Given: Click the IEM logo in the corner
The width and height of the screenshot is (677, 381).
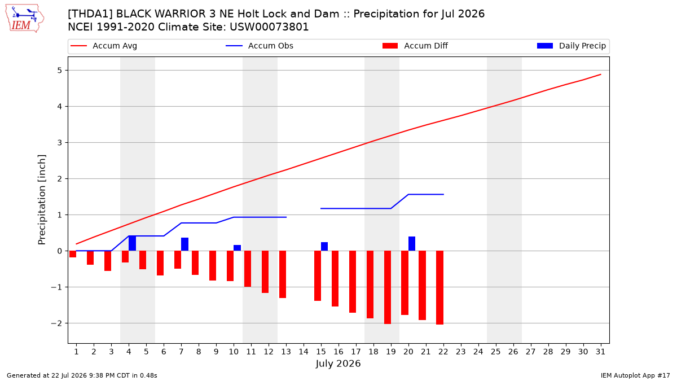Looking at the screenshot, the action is pyautogui.click(x=25, y=19).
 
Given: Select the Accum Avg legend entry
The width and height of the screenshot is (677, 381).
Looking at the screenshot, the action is pyautogui.click(x=104, y=46).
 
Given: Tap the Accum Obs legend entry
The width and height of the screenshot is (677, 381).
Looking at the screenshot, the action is pyautogui.click(x=260, y=46).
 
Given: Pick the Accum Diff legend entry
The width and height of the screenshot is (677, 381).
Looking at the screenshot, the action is pyautogui.click(x=415, y=46).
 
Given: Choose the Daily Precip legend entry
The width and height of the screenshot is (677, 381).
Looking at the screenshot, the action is pyautogui.click(x=571, y=46).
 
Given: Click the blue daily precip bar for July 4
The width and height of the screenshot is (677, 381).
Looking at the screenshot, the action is pyautogui.click(x=133, y=243).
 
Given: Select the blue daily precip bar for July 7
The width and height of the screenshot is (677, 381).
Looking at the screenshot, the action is pyautogui.click(x=184, y=244).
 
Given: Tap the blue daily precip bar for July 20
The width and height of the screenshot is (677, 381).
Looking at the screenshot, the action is pyautogui.click(x=412, y=244).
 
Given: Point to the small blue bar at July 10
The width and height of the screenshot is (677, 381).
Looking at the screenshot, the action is pyautogui.click(x=238, y=248).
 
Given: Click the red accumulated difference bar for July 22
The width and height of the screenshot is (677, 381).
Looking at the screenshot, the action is pyautogui.click(x=439, y=287).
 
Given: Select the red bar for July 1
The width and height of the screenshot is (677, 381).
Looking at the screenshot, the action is pyautogui.click(x=73, y=254).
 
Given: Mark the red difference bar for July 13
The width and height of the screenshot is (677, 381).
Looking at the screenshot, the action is pyautogui.click(x=283, y=274).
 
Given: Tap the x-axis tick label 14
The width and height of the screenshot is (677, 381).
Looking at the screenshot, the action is pyautogui.click(x=304, y=352).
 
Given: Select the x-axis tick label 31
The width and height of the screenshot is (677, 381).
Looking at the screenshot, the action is pyautogui.click(x=600, y=352).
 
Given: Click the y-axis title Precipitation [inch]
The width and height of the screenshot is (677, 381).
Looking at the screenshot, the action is pyautogui.click(x=42, y=200).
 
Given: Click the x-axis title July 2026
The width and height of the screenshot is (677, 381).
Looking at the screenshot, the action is pyautogui.click(x=338, y=364).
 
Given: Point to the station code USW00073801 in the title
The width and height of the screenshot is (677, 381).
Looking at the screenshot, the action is pyautogui.click(x=269, y=27).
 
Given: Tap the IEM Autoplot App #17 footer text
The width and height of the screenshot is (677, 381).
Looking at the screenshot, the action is pyautogui.click(x=635, y=375).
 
